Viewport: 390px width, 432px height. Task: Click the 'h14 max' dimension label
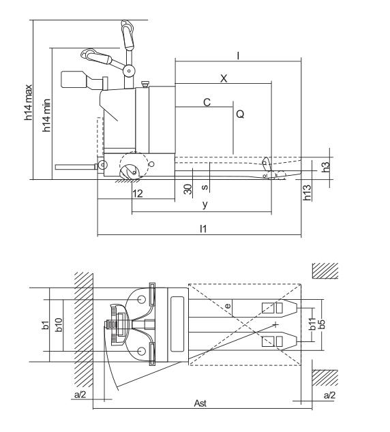tap(29, 102)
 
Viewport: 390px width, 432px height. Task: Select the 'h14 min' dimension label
tap(46, 115)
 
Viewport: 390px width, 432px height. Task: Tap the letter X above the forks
tap(224, 78)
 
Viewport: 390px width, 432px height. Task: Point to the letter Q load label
tap(240, 114)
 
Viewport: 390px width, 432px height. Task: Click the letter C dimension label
tap(207, 102)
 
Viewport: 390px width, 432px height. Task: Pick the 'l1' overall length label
tap(203, 228)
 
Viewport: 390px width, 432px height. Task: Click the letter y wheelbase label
tap(205, 204)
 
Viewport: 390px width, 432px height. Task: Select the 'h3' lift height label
tap(326, 167)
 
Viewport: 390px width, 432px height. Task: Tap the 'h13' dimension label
tap(307, 192)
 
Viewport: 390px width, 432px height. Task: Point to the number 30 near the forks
tap(188, 189)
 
